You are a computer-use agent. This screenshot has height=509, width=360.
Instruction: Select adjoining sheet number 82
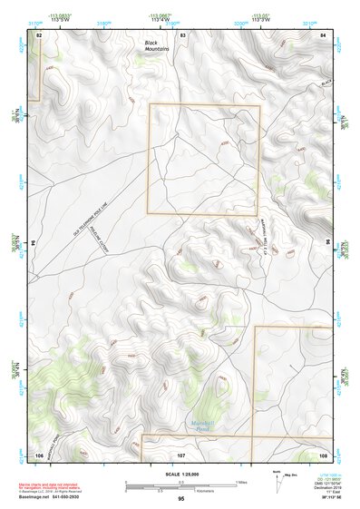click(39, 34)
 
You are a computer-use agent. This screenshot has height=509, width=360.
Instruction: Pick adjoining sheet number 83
click(182, 34)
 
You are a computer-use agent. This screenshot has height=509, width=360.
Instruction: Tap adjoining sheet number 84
click(324, 34)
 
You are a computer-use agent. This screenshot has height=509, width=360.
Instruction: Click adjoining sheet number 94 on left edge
click(34, 243)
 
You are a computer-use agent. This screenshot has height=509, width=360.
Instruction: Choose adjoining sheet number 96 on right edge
click(327, 243)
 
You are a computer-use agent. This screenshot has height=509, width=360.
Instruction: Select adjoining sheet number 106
click(39, 454)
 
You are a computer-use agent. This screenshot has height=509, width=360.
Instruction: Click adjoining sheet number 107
click(181, 454)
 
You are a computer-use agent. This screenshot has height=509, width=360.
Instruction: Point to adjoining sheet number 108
click(323, 454)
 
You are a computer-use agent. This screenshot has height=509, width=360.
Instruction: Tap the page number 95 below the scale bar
click(181, 499)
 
